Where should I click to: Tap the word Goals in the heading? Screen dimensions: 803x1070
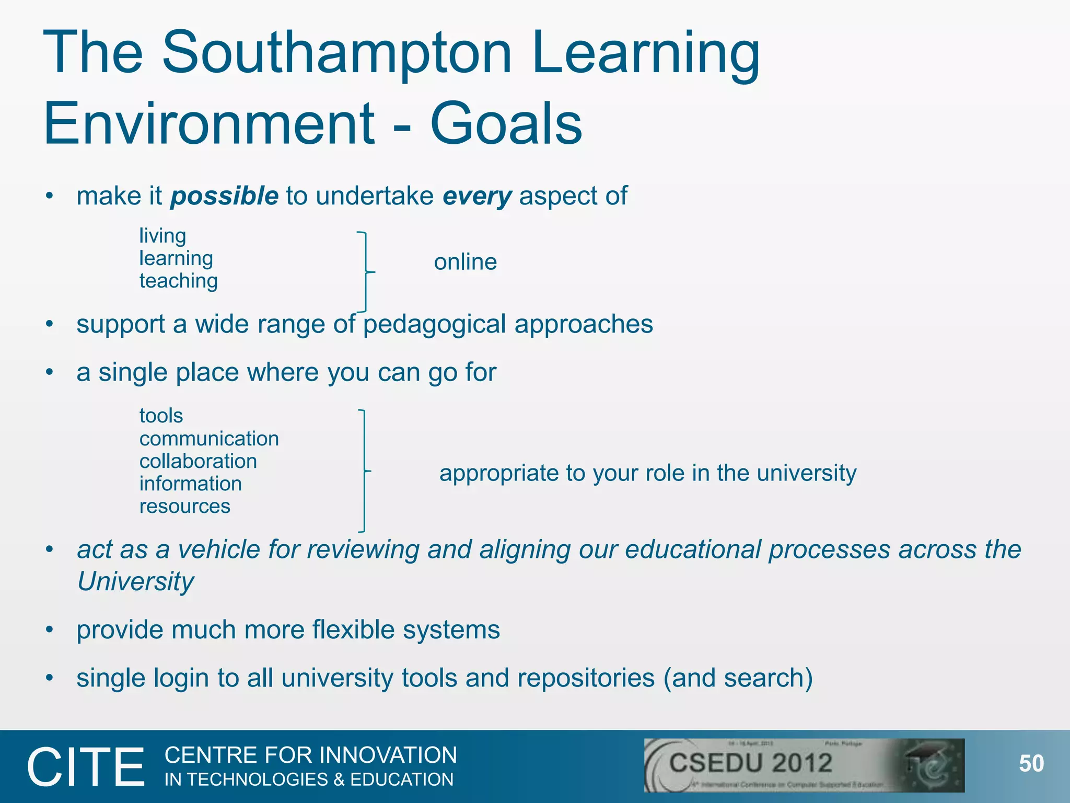point(506,124)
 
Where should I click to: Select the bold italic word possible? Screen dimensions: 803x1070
point(224,196)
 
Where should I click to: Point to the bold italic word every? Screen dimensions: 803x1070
point(477,196)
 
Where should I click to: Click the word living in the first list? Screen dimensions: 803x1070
point(162,236)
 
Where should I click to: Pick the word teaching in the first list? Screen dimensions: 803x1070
point(178,281)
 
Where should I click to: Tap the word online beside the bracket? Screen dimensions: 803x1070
point(465,262)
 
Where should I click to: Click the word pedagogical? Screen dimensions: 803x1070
point(434,324)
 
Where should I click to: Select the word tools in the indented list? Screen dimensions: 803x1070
point(161,416)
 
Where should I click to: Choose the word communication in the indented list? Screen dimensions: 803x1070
point(209,439)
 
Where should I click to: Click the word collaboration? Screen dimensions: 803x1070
point(198,461)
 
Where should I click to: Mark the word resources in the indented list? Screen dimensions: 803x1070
point(184,506)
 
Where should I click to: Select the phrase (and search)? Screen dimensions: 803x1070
point(738,678)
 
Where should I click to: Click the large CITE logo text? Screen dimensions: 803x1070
point(86,767)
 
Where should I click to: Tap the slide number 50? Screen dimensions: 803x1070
point(1031,764)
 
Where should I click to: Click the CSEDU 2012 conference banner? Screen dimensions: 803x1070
point(804,765)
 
